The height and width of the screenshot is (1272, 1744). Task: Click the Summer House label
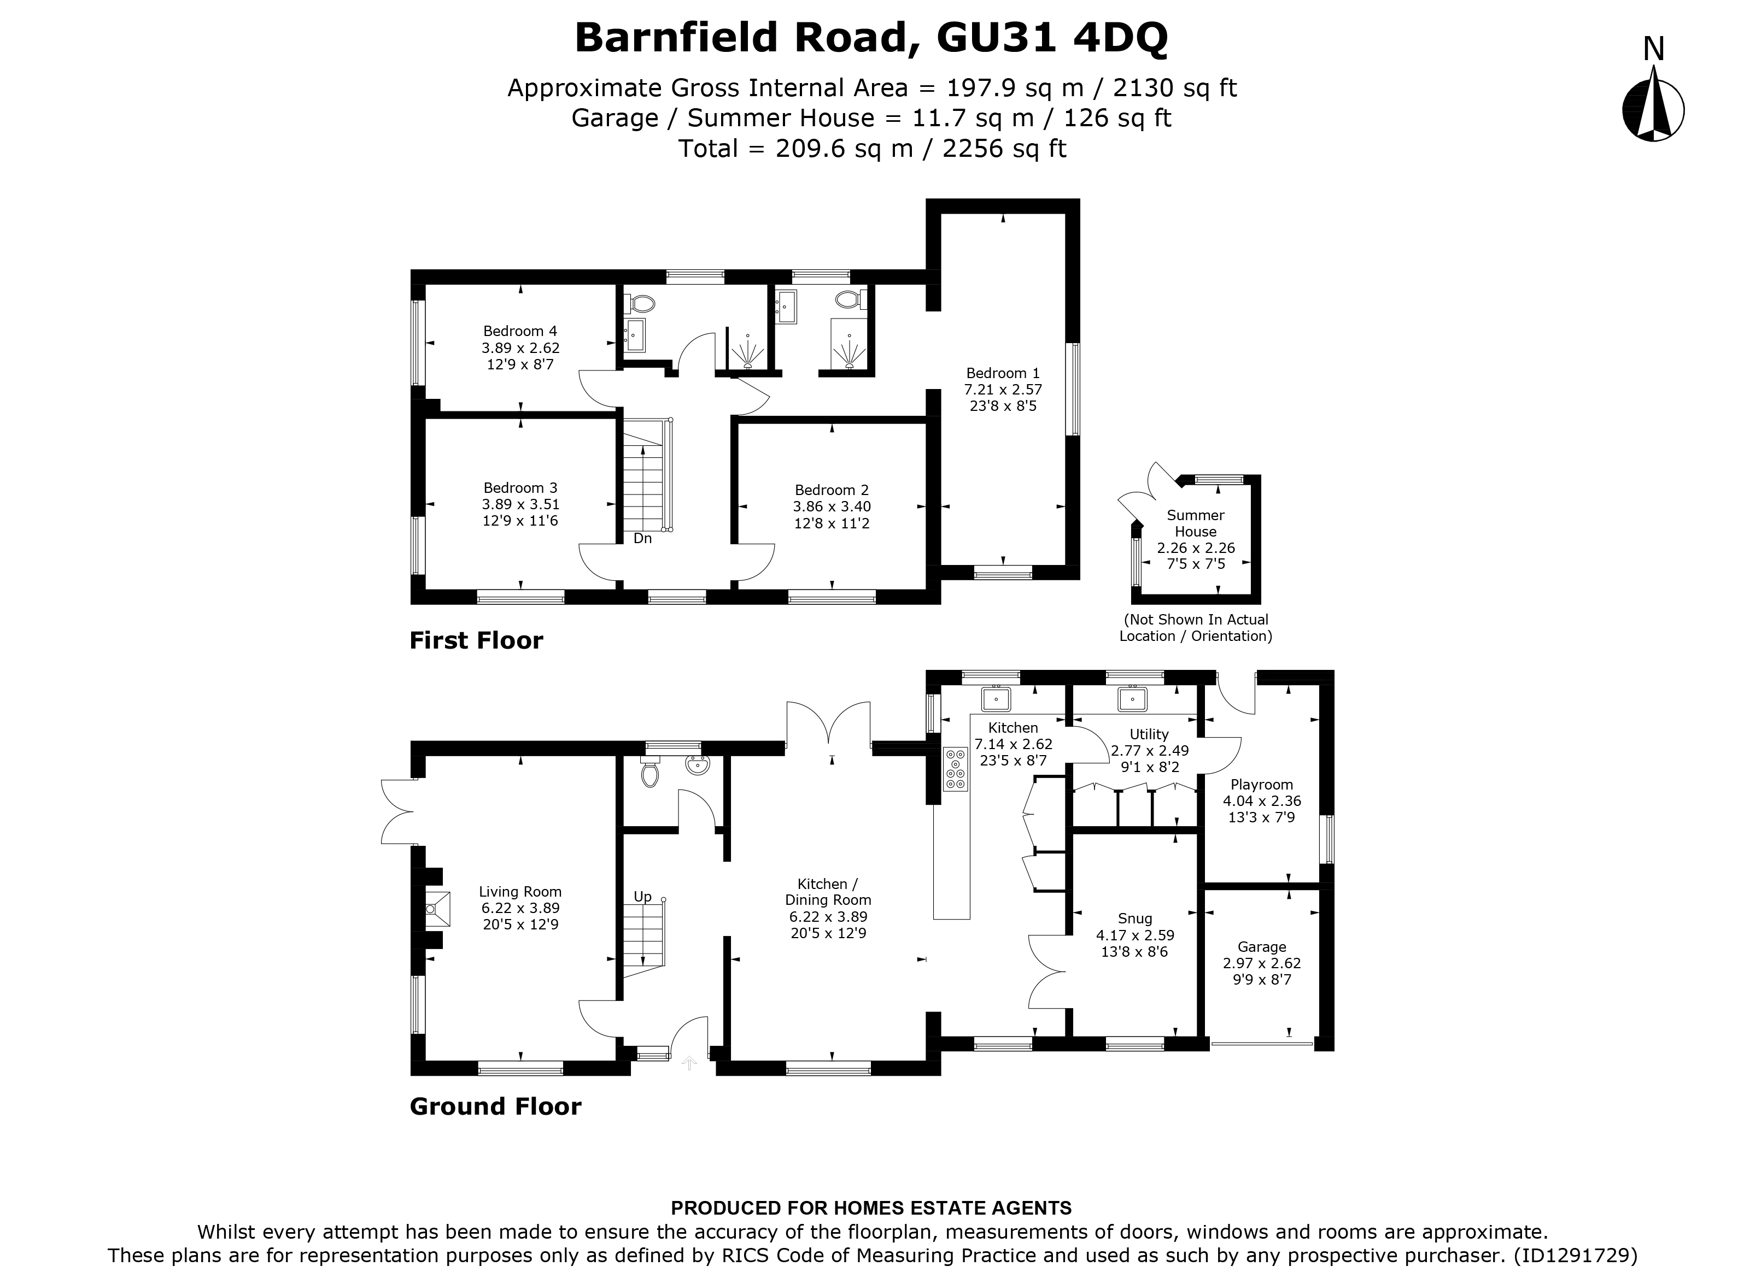pyautogui.click(x=1196, y=523)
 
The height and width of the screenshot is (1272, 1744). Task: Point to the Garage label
pyautogui.click(x=1262, y=947)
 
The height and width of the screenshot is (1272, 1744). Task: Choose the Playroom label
pyautogui.click(x=1261, y=785)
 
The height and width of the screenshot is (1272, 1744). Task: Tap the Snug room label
pyautogui.click(x=1134, y=918)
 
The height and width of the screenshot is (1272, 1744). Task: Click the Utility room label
pyautogui.click(x=1149, y=734)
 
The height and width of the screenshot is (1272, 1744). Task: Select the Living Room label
pyautogui.click(x=520, y=892)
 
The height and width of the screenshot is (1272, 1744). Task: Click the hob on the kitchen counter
pyautogui.click(x=955, y=768)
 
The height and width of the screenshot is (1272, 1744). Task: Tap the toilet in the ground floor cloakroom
pyautogui.click(x=650, y=772)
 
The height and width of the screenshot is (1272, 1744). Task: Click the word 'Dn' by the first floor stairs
pyautogui.click(x=642, y=539)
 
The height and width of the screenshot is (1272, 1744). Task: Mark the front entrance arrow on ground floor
pyautogui.click(x=689, y=1063)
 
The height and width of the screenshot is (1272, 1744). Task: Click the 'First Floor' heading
pyautogui.click(x=476, y=640)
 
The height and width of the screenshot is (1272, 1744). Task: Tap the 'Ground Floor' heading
pyautogui.click(x=495, y=1106)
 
